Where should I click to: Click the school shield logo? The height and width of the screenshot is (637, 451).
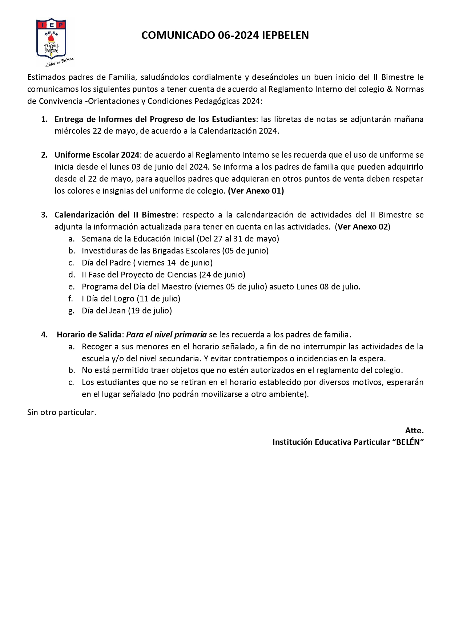click(51, 38)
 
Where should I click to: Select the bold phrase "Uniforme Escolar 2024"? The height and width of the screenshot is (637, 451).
click(97, 155)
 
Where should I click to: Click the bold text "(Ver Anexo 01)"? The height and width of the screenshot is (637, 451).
click(256, 191)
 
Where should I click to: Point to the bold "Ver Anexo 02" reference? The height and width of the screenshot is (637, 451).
click(363, 227)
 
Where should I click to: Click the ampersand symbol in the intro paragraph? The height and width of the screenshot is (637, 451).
click(390, 89)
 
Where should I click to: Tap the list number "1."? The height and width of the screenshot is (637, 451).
click(44, 119)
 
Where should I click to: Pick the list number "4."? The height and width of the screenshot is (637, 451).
click(44, 335)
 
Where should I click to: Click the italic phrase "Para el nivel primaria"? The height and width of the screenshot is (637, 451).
click(166, 335)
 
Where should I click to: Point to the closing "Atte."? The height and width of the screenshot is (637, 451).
click(414, 431)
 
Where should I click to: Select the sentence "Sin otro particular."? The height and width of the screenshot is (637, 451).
click(62, 413)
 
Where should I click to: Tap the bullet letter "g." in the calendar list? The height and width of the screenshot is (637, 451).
click(72, 311)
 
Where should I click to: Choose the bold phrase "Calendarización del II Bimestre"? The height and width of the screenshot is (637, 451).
click(115, 215)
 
